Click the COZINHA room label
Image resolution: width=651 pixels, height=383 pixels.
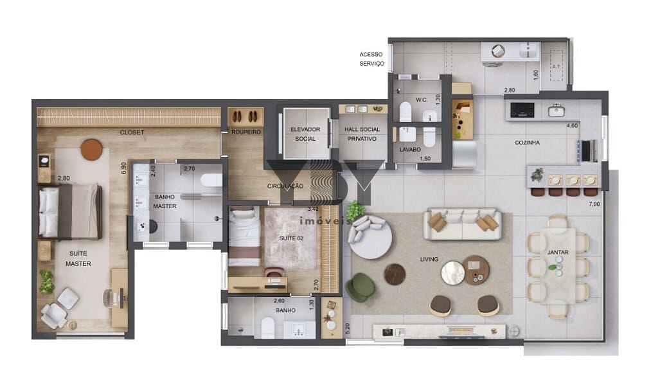pos(527,142)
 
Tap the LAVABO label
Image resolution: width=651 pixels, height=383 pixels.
pos(410,149)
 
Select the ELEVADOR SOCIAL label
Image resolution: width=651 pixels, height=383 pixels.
pos(305,134)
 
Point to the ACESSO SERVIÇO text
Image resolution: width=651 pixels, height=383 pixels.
pos(371,59)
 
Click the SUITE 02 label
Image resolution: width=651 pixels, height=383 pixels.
pos(291,238)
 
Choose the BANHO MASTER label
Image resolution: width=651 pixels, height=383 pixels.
pos(165,201)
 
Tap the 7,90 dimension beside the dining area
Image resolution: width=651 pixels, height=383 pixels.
pos(594,204)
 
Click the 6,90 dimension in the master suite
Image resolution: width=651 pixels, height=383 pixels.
pos(123,168)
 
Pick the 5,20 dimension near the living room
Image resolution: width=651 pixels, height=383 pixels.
pos(348,328)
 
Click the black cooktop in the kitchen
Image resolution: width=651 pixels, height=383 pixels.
pos(522,111)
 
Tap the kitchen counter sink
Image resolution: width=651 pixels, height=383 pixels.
pos(556,111)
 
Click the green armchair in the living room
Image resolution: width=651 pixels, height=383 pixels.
pos(361,287)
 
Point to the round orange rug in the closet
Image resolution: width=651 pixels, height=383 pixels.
pos(91,149)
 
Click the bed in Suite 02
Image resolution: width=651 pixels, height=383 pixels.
pos(244,236)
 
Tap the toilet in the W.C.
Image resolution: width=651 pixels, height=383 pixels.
pos(406,111)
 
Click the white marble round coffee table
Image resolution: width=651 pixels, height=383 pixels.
pos(453,272)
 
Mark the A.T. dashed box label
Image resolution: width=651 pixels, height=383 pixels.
pos(556,66)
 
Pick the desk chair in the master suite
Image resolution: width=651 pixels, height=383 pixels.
pos(111,298)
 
